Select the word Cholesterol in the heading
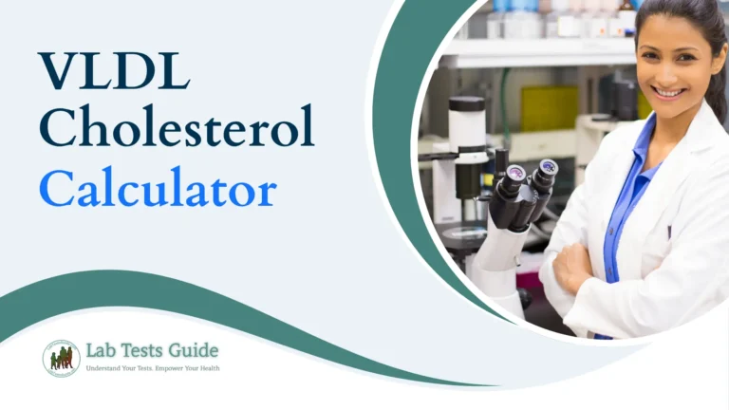click(176, 130)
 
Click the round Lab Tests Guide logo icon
click(61, 358)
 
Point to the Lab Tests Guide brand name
click(151, 351)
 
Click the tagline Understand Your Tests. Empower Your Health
click(152, 368)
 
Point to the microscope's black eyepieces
click(532, 176)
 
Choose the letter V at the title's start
click(55, 74)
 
